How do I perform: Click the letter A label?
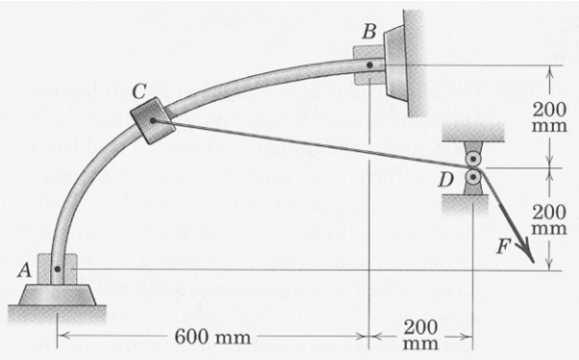pyautogui.click(x=24, y=270)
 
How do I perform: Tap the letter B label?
pyautogui.click(x=369, y=32)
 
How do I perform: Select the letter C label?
pyautogui.click(x=138, y=91)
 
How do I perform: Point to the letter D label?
pyautogui.click(x=446, y=180)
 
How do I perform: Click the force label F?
pyautogui.click(x=504, y=246)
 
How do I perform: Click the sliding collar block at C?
pyautogui.click(x=153, y=120)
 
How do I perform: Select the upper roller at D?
pyautogui.click(x=472, y=159)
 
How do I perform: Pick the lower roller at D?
pyautogui.click(x=472, y=177)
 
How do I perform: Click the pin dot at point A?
pyautogui.click(x=58, y=270)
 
